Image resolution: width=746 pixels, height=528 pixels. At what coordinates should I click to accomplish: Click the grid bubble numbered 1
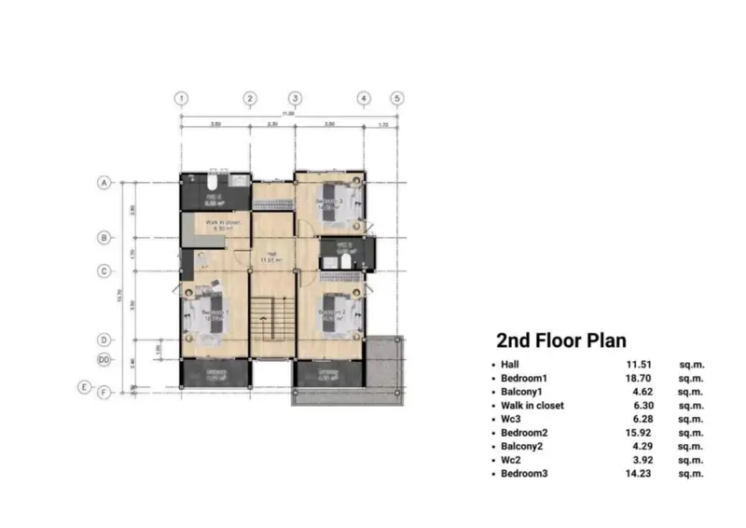pos(181,98)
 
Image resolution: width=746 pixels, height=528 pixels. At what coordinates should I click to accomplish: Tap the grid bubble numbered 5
pos(396,98)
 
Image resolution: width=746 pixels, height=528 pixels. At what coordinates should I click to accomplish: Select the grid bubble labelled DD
pos(105,359)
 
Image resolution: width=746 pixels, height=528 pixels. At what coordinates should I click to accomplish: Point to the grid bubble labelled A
pos(105,184)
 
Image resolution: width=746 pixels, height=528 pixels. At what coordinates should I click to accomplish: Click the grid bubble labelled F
pos(105,392)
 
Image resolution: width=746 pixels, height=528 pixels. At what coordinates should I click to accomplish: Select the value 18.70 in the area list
pos(640,379)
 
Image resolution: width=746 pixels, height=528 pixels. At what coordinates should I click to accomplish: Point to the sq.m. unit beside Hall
pos(691,365)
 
